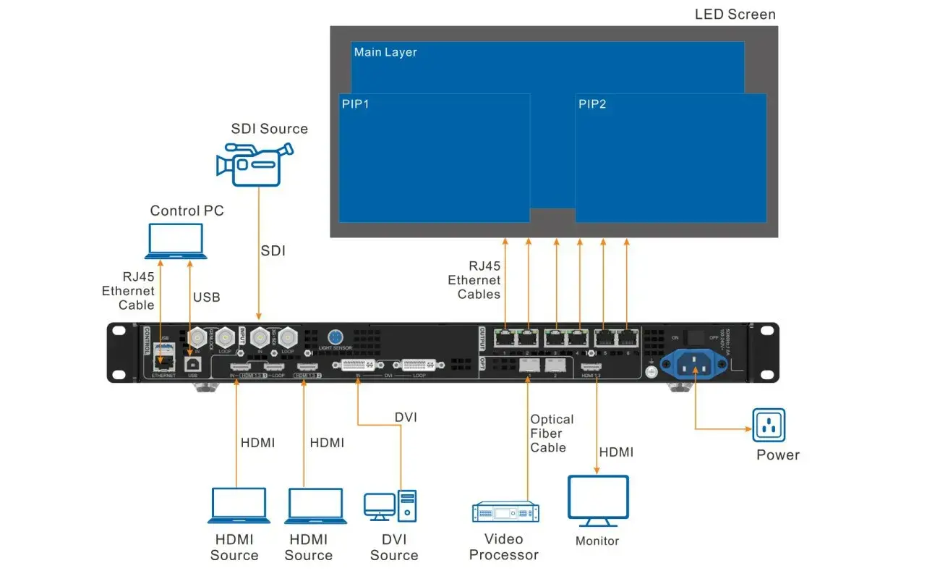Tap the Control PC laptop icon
pyautogui.click(x=175, y=241)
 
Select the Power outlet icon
pyautogui.click(x=769, y=425)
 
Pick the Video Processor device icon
pyautogui.click(x=503, y=512)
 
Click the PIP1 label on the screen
pyautogui.click(x=356, y=104)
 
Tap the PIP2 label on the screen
pyautogui.click(x=592, y=104)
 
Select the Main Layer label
pyautogui.click(x=385, y=53)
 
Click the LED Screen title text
pyautogui.click(x=735, y=14)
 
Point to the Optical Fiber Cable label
pyautogui.click(x=552, y=433)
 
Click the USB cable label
pyautogui.click(x=207, y=297)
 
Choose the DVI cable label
pyautogui.click(x=406, y=418)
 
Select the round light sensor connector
pyautogui.click(x=336, y=337)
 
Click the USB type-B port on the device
pyautogui.click(x=193, y=363)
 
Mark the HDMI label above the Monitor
pyautogui.click(x=616, y=452)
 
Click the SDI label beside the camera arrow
pyautogui.click(x=273, y=251)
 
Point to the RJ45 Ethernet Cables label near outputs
pyautogui.click(x=474, y=280)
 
